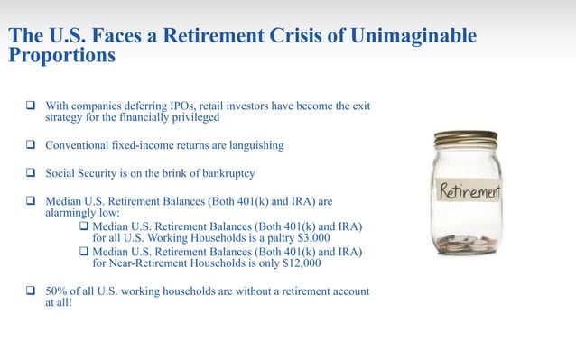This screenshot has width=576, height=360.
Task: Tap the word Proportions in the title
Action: [61, 54]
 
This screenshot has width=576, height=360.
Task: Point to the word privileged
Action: [190, 117]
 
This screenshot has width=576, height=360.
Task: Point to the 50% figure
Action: [58, 292]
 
